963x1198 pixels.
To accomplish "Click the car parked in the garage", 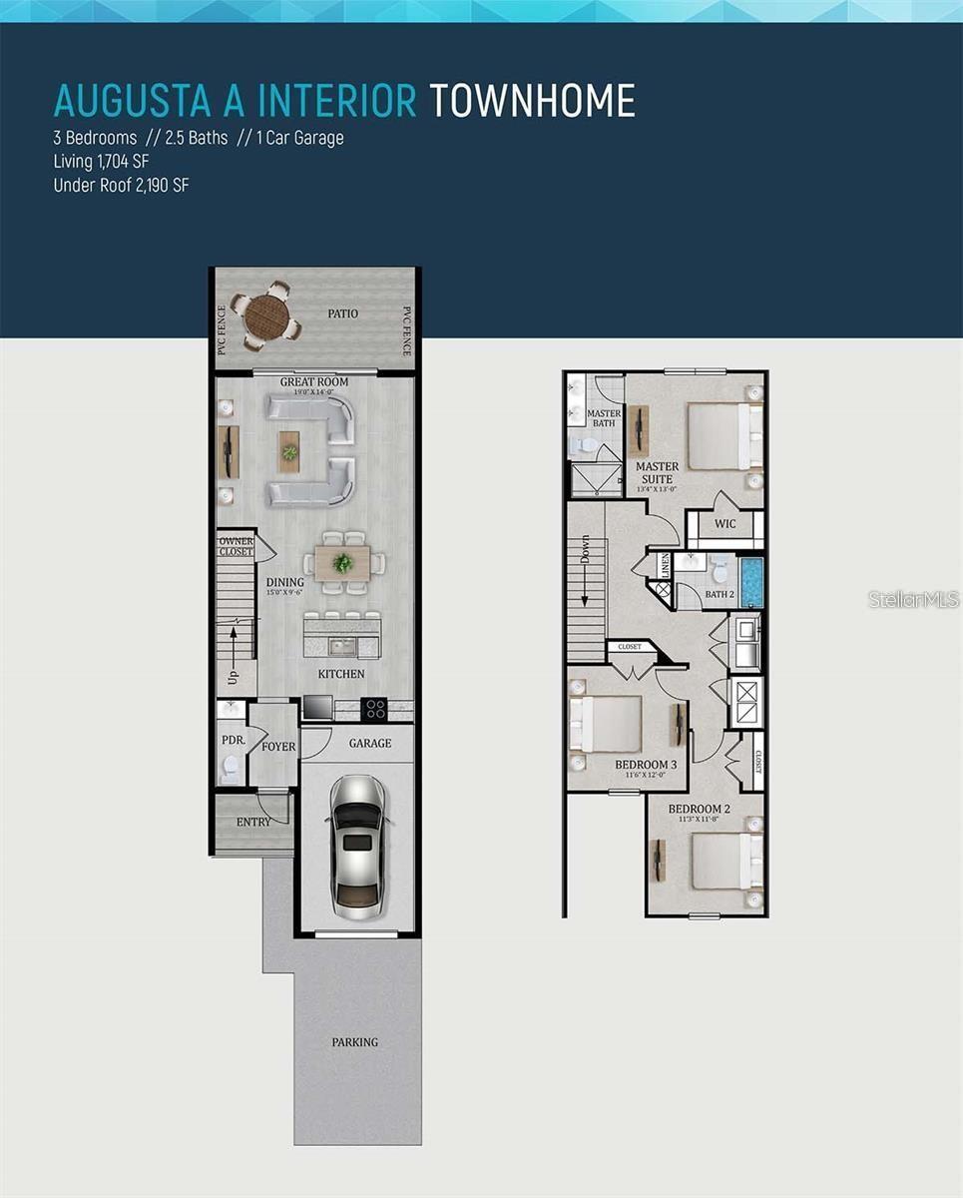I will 357,848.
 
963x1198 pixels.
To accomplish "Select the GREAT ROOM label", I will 314,381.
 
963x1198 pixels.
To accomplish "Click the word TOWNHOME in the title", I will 532,101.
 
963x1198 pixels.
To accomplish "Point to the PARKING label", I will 355,1042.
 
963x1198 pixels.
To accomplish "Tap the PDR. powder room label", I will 233,741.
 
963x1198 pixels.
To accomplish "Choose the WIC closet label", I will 725,524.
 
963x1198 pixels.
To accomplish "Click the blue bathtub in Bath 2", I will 751,582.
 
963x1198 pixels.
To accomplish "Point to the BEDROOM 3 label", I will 646,765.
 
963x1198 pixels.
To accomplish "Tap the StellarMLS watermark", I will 913,599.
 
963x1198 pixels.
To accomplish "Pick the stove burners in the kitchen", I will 375,708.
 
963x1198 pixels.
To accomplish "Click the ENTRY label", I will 253,822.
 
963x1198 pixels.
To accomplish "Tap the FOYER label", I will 278,747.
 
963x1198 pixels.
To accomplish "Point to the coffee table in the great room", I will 289,451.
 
